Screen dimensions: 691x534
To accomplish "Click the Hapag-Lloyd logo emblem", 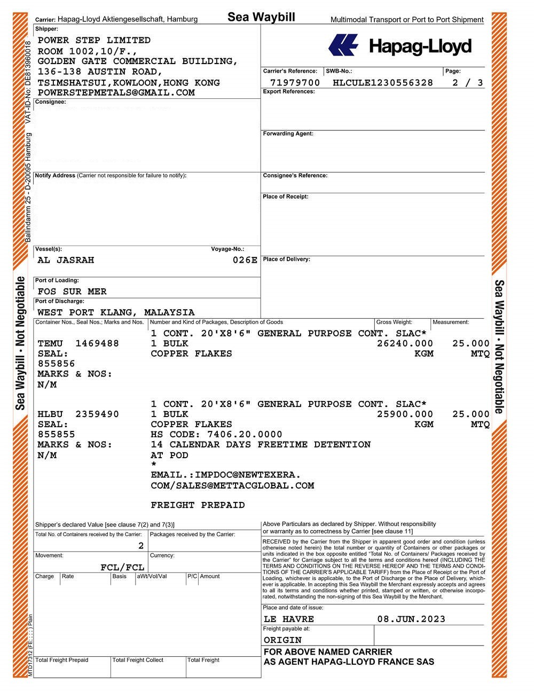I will click(343, 45).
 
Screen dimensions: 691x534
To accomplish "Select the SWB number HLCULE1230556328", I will click(382, 83).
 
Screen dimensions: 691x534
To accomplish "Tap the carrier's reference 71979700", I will click(295, 83).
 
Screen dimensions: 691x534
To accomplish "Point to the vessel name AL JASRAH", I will click(66, 260).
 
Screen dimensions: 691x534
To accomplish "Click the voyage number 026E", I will click(245, 260).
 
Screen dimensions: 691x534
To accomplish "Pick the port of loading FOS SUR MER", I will click(72, 292).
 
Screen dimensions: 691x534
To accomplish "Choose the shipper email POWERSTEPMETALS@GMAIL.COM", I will click(116, 92).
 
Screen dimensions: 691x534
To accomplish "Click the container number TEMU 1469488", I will click(78, 343).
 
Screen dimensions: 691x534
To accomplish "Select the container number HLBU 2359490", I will click(78, 414).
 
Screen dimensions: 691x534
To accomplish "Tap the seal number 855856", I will click(56, 364).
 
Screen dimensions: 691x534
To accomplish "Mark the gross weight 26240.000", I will click(405, 343).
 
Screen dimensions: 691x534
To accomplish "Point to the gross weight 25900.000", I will click(405, 414).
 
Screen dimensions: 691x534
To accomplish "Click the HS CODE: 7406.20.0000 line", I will click(216, 435).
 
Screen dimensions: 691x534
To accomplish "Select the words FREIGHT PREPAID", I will click(198, 505).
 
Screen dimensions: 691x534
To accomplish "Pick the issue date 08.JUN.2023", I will click(411, 619).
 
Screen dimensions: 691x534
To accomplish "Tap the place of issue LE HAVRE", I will click(289, 619).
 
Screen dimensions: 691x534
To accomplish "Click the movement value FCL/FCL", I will click(122, 567).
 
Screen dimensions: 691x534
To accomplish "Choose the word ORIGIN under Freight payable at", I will click(282, 640).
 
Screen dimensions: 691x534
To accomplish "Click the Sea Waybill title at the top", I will click(261, 17).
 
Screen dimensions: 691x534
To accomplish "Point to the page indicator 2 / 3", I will click(467, 83).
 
